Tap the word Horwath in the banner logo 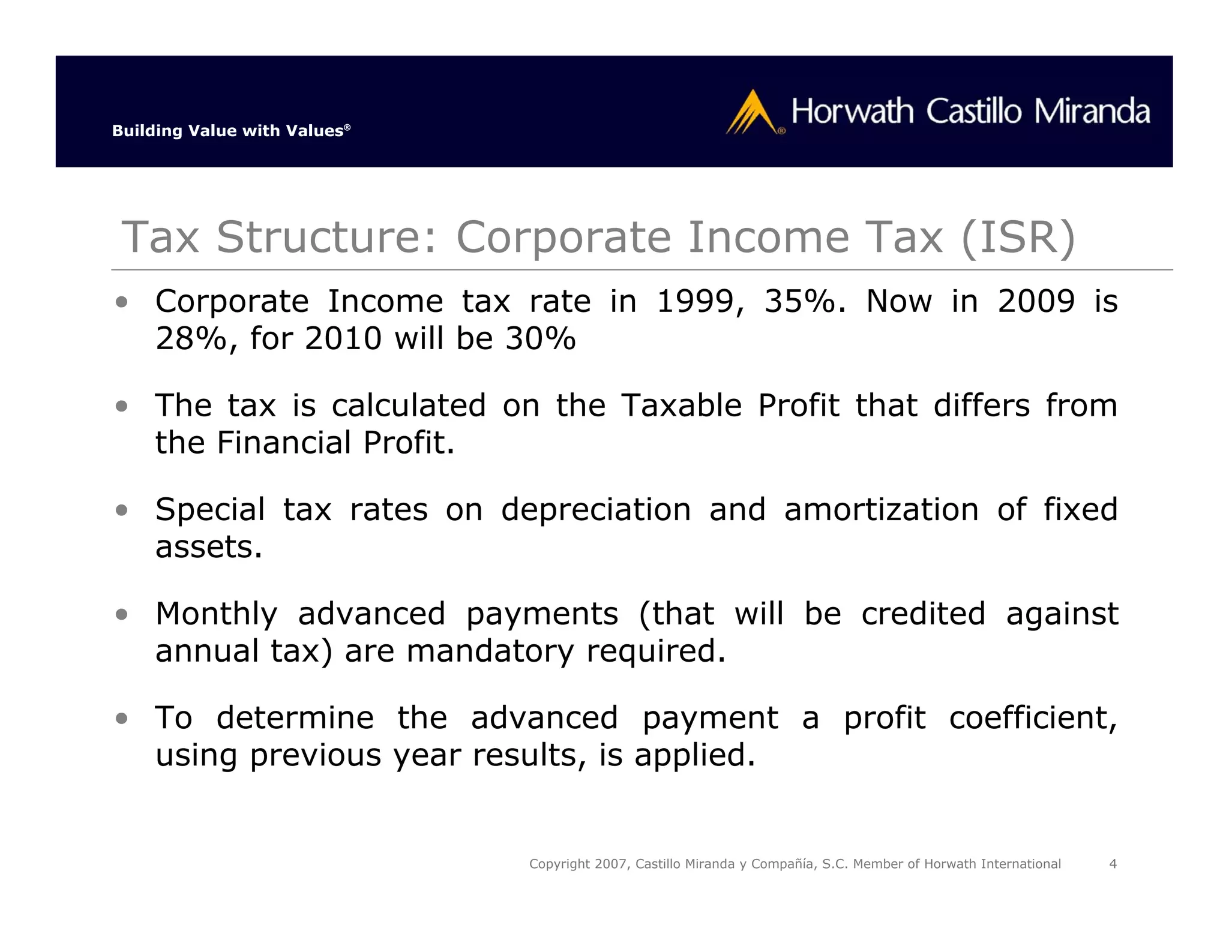coord(852,112)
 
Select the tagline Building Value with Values coord(230,131)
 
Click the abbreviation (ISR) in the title coord(1018,237)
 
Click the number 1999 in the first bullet coord(695,301)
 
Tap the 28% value coord(191,339)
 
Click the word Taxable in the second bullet coord(682,406)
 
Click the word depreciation coord(596,510)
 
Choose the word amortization coord(881,510)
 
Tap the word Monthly coord(216,614)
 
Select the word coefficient coord(1033,718)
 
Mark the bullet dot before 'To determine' coord(122,718)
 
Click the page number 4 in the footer coord(1113,864)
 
